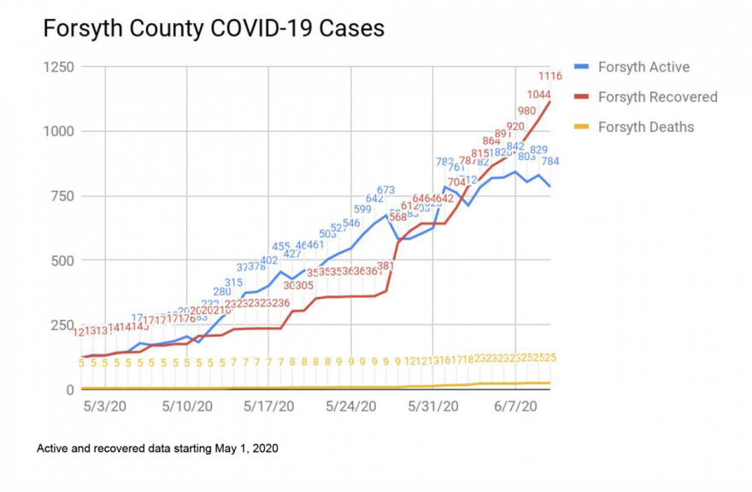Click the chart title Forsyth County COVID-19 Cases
(x=214, y=28)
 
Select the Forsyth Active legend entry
(x=643, y=67)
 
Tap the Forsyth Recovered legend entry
(x=657, y=97)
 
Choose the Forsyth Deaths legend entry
(x=645, y=127)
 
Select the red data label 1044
(x=538, y=94)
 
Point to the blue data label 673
(x=385, y=190)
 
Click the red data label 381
(x=385, y=266)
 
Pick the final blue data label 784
(x=550, y=161)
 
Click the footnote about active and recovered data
(x=157, y=448)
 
